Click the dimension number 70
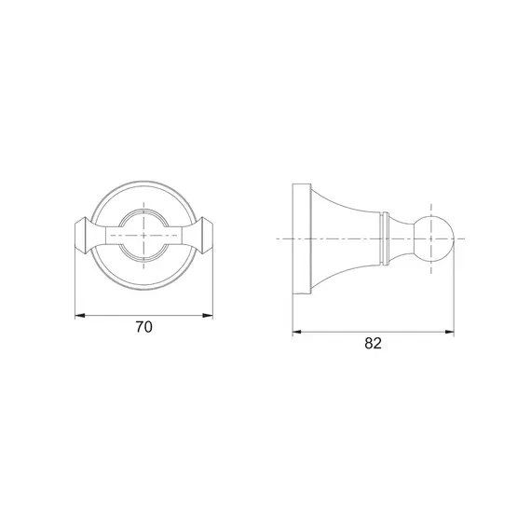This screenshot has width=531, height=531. coord(143,327)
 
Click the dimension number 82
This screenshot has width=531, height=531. coord(373,344)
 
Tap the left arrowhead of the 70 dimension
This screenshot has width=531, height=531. coord(79,316)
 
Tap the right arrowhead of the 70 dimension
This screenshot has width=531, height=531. coord(208,316)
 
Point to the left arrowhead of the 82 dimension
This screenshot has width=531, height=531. coord(297,332)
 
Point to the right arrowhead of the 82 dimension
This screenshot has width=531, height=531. coord(449,332)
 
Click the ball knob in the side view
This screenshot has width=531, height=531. coord(435,238)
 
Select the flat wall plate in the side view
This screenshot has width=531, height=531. coord(302,239)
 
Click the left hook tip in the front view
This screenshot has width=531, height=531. coord(81,236)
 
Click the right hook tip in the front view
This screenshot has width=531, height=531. coord(206,236)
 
